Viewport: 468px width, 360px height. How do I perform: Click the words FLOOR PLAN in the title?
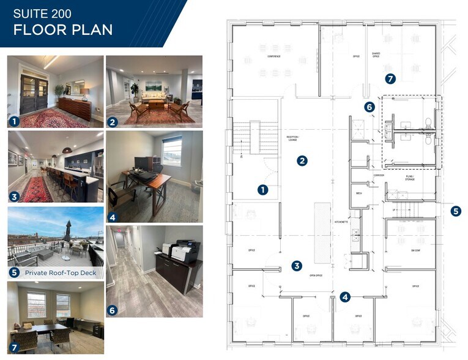63,30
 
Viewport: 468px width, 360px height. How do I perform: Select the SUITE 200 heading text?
41,13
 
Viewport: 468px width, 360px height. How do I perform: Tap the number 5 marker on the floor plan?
456,211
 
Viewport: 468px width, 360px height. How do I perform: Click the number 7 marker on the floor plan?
390,79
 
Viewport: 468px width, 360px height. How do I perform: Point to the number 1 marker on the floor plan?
263,190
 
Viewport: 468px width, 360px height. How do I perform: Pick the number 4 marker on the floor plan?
345,297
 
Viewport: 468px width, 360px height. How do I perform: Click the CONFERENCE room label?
273,57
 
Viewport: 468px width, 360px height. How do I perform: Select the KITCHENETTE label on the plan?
341,222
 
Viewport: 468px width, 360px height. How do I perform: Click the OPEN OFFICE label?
316,276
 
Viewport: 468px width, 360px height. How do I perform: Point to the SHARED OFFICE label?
376,55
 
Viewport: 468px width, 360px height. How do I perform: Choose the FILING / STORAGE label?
410,178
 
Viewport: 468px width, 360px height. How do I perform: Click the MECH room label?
359,193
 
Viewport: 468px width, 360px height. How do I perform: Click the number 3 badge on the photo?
13,197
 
